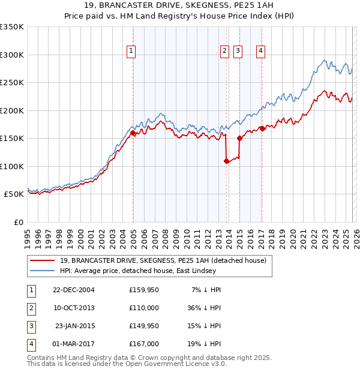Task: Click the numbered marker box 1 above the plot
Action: (131, 52)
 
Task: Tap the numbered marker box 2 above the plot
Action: (224, 52)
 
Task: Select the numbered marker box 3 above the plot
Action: (238, 52)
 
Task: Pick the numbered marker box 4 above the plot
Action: (260, 52)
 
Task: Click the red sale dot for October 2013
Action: (226, 161)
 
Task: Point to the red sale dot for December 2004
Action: (133, 133)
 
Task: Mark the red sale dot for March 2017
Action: (262, 129)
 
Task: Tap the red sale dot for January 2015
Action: (240, 139)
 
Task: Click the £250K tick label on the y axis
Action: (12, 83)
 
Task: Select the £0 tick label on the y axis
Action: (19, 222)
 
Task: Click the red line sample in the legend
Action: (42, 260)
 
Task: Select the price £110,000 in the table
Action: (144, 307)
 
